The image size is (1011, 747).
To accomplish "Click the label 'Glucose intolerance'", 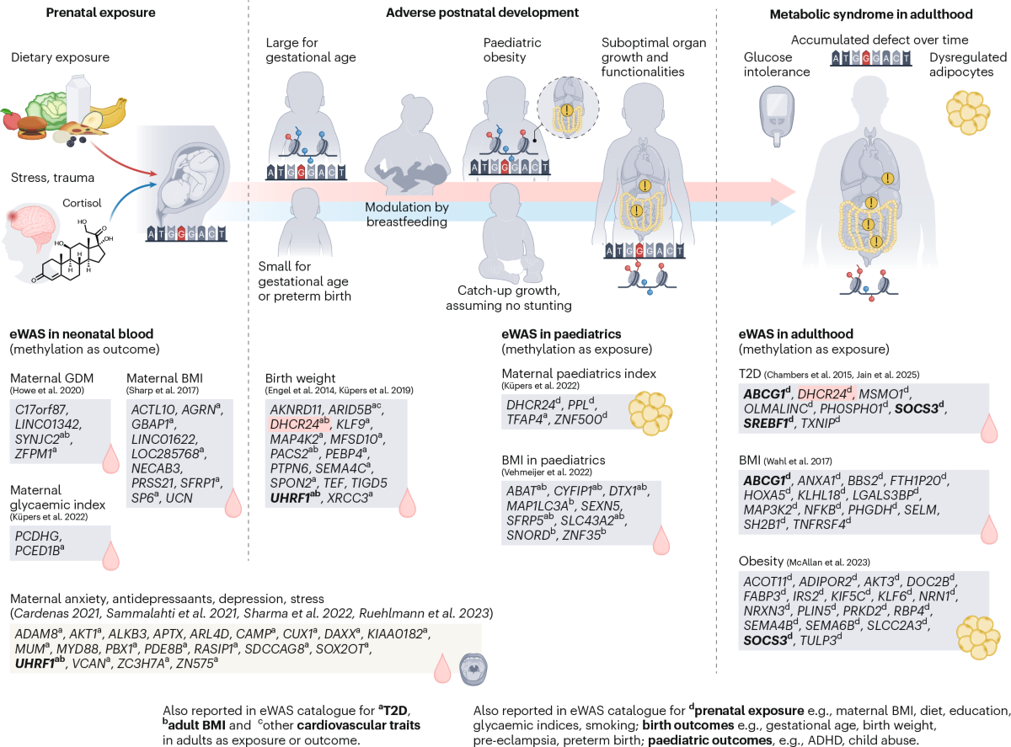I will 776,65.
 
